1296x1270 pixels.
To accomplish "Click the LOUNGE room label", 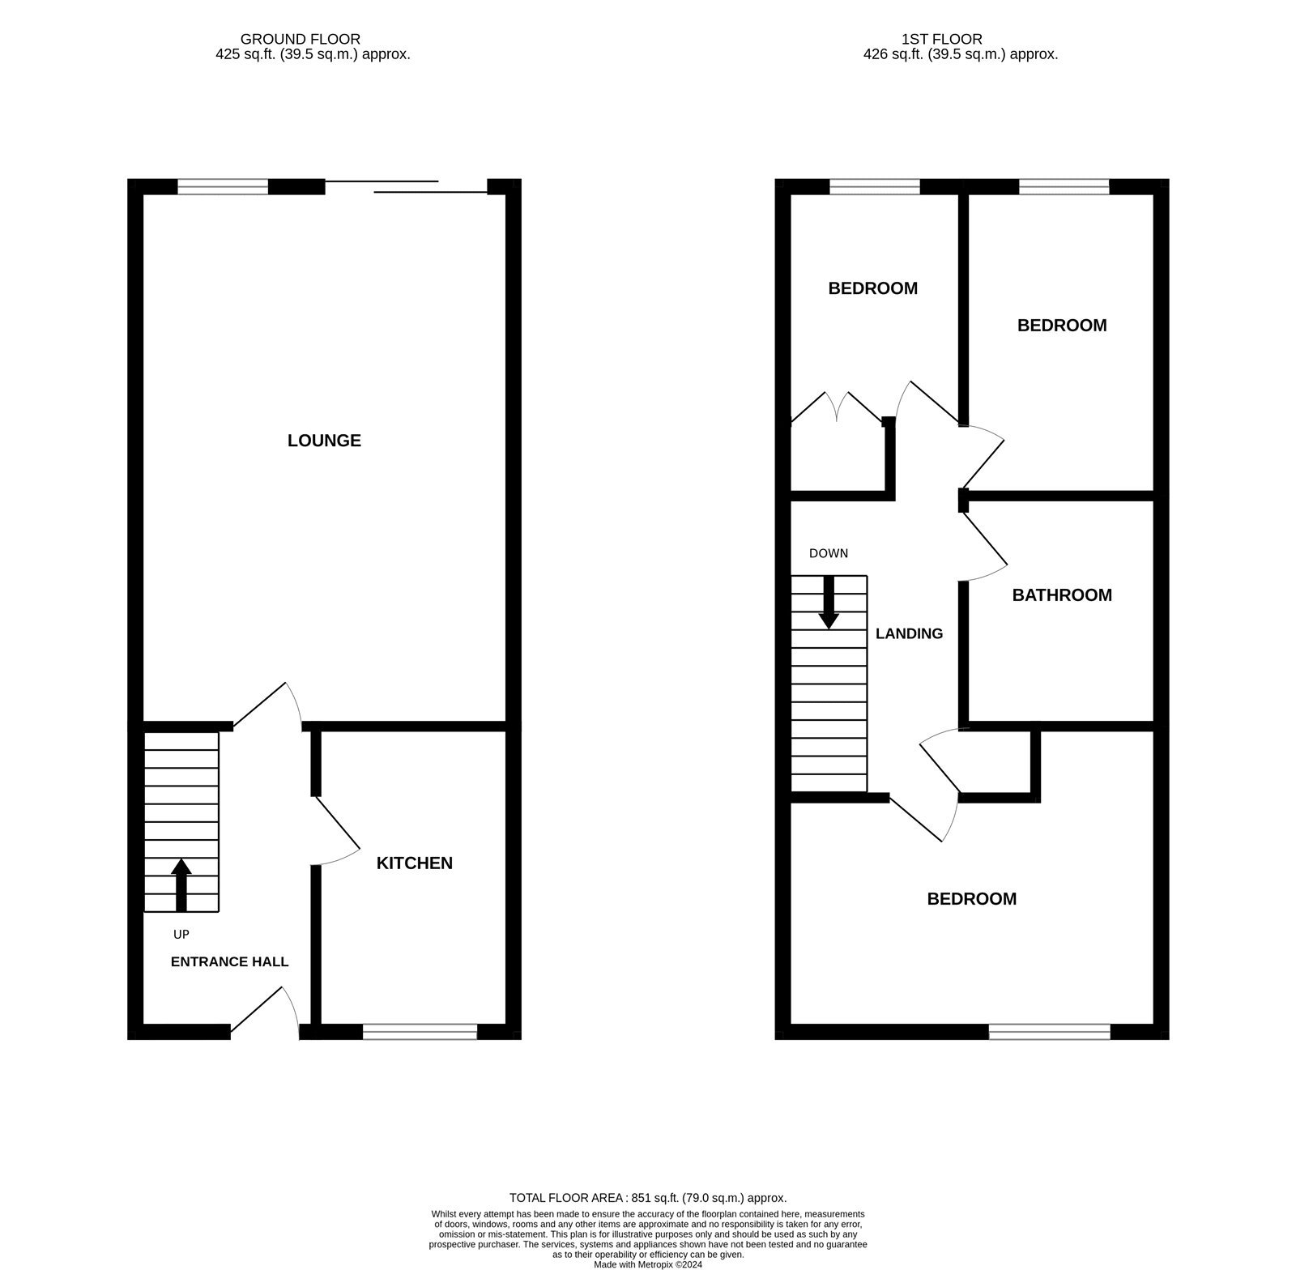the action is click(324, 441).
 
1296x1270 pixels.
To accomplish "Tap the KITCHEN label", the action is click(415, 863).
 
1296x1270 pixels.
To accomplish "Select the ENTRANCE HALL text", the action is click(230, 962).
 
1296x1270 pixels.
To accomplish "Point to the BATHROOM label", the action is click(1062, 595).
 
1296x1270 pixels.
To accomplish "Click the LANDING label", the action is click(910, 633).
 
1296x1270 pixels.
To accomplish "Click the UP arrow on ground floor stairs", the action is click(181, 884).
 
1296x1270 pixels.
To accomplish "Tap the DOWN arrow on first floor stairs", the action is click(829, 603).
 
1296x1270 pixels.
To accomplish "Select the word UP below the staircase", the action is click(181, 935).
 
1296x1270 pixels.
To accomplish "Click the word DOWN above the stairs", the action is click(829, 554).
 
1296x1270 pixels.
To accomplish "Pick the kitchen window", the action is click(420, 1031).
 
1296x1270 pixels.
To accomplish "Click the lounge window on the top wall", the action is click(223, 187).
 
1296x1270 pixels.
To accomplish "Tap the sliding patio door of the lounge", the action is click(406, 187).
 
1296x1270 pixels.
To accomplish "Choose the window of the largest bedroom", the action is click(1050, 1031).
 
